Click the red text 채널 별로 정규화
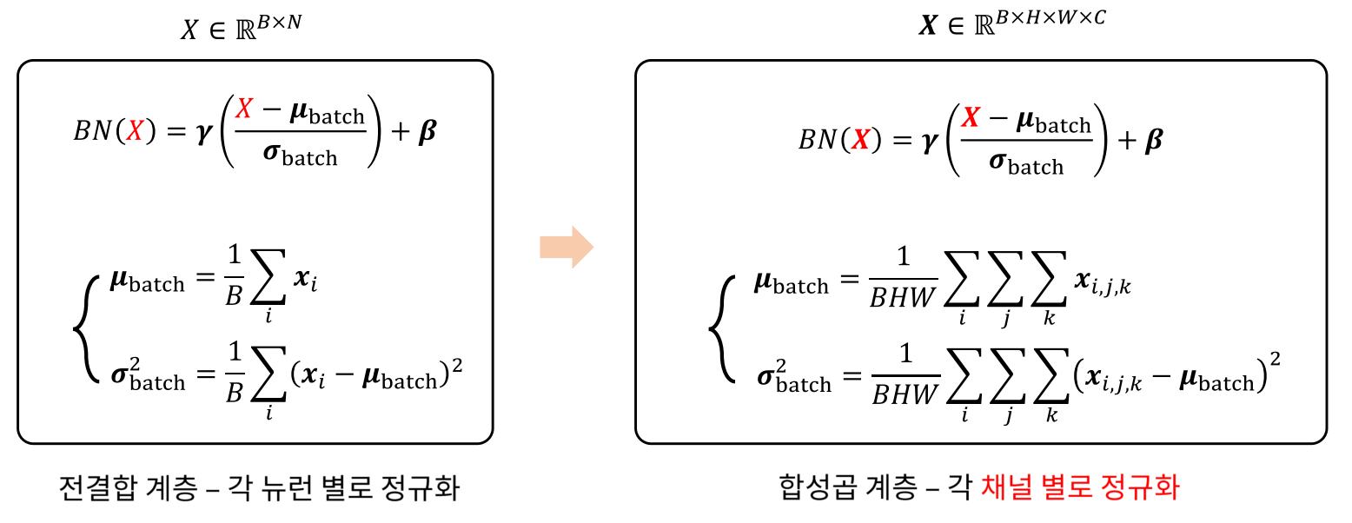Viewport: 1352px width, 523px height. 1080,488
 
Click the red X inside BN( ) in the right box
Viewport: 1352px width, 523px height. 859,141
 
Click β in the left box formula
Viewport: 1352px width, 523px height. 427,134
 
